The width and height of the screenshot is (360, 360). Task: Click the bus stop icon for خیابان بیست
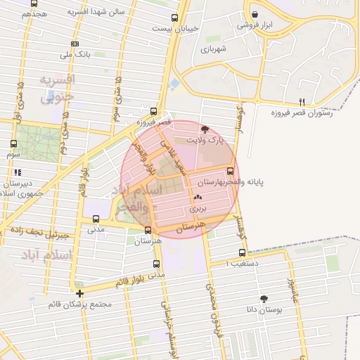point(175,18)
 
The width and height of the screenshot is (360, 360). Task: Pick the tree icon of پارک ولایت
point(205,129)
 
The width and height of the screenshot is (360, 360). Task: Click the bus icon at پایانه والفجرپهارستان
point(231,171)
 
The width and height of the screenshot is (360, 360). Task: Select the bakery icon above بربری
point(198,198)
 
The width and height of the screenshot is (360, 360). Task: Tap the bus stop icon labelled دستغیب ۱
point(242,252)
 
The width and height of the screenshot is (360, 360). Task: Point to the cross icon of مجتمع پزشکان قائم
point(80,293)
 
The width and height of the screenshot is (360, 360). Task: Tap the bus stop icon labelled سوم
point(14,143)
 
